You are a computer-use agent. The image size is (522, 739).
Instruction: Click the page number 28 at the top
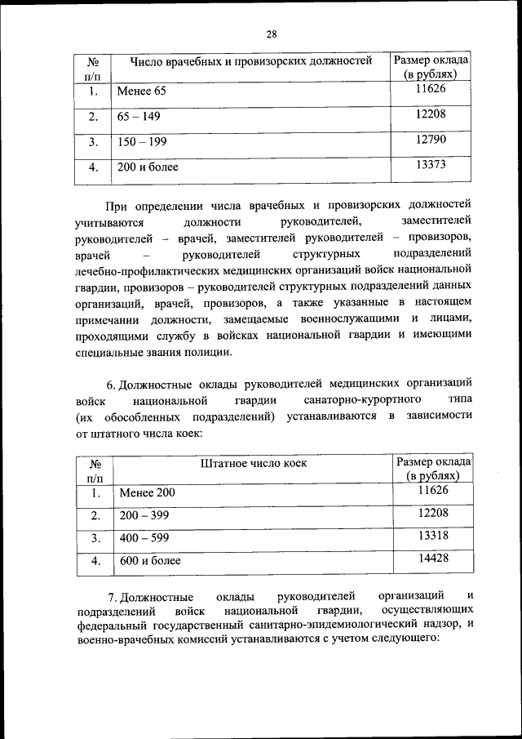click(272, 33)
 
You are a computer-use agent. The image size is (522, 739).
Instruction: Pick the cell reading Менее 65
click(141, 91)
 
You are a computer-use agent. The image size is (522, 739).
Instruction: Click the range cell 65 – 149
click(139, 117)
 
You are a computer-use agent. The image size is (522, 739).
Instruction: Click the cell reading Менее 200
click(147, 492)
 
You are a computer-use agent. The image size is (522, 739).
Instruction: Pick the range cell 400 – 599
click(144, 539)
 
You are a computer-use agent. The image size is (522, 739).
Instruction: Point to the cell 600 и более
click(150, 562)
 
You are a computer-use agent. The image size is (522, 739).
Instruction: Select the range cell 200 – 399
click(144, 515)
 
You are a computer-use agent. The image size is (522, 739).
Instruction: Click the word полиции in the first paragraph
click(210, 353)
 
